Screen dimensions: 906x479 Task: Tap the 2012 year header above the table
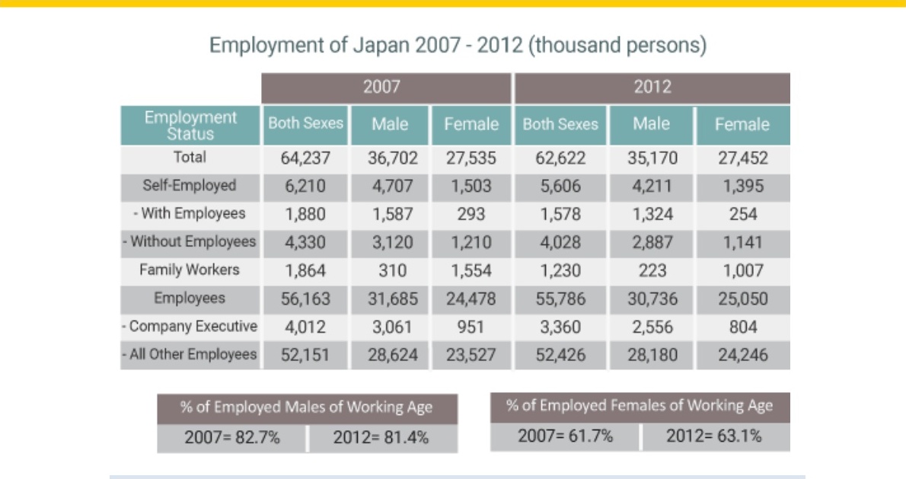point(652,88)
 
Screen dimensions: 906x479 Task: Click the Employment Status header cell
point(190,126)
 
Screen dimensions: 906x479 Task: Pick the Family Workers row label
point(190,270)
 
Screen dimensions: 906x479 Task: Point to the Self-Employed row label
point(190,186)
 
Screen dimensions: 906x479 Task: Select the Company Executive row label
point(190,327)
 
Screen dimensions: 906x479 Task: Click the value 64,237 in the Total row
point(305,158)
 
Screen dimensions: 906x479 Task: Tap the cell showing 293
point(471,214)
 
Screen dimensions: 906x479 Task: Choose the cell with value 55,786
point(560,299)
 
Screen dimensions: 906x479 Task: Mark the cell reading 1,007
point(743,270)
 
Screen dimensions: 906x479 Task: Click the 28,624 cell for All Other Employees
point(392,355)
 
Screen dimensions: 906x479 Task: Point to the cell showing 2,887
point(652,242)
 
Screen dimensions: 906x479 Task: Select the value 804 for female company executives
point(743,327)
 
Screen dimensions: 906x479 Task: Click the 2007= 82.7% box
point(231,438)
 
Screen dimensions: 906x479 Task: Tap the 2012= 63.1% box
point(716,436)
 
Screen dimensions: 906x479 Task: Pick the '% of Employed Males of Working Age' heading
point(307,407)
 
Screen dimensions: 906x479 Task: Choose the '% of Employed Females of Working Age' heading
point(640,406)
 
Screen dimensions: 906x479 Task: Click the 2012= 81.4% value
point(381,438)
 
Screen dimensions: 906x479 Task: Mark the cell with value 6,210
point(305,186)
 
